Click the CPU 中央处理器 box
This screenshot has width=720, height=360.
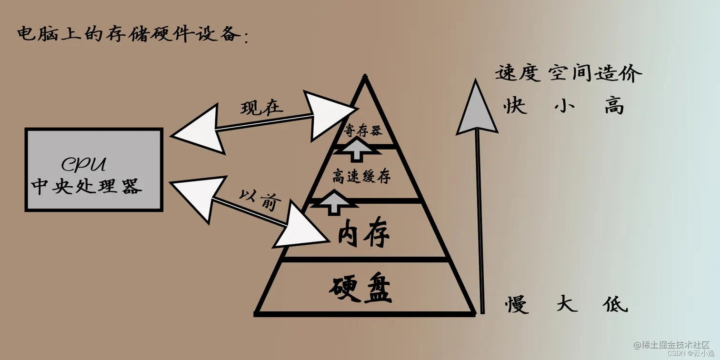(x=94, y=170)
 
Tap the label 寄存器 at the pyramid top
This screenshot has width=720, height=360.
(x=363, y=130)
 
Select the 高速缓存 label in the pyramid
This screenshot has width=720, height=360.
(x=361, y=177)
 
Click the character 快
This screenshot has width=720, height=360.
(x=516, y=106)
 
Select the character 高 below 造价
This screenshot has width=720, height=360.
(x=614, y=106)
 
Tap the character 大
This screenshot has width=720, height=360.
(x=567, y=303)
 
